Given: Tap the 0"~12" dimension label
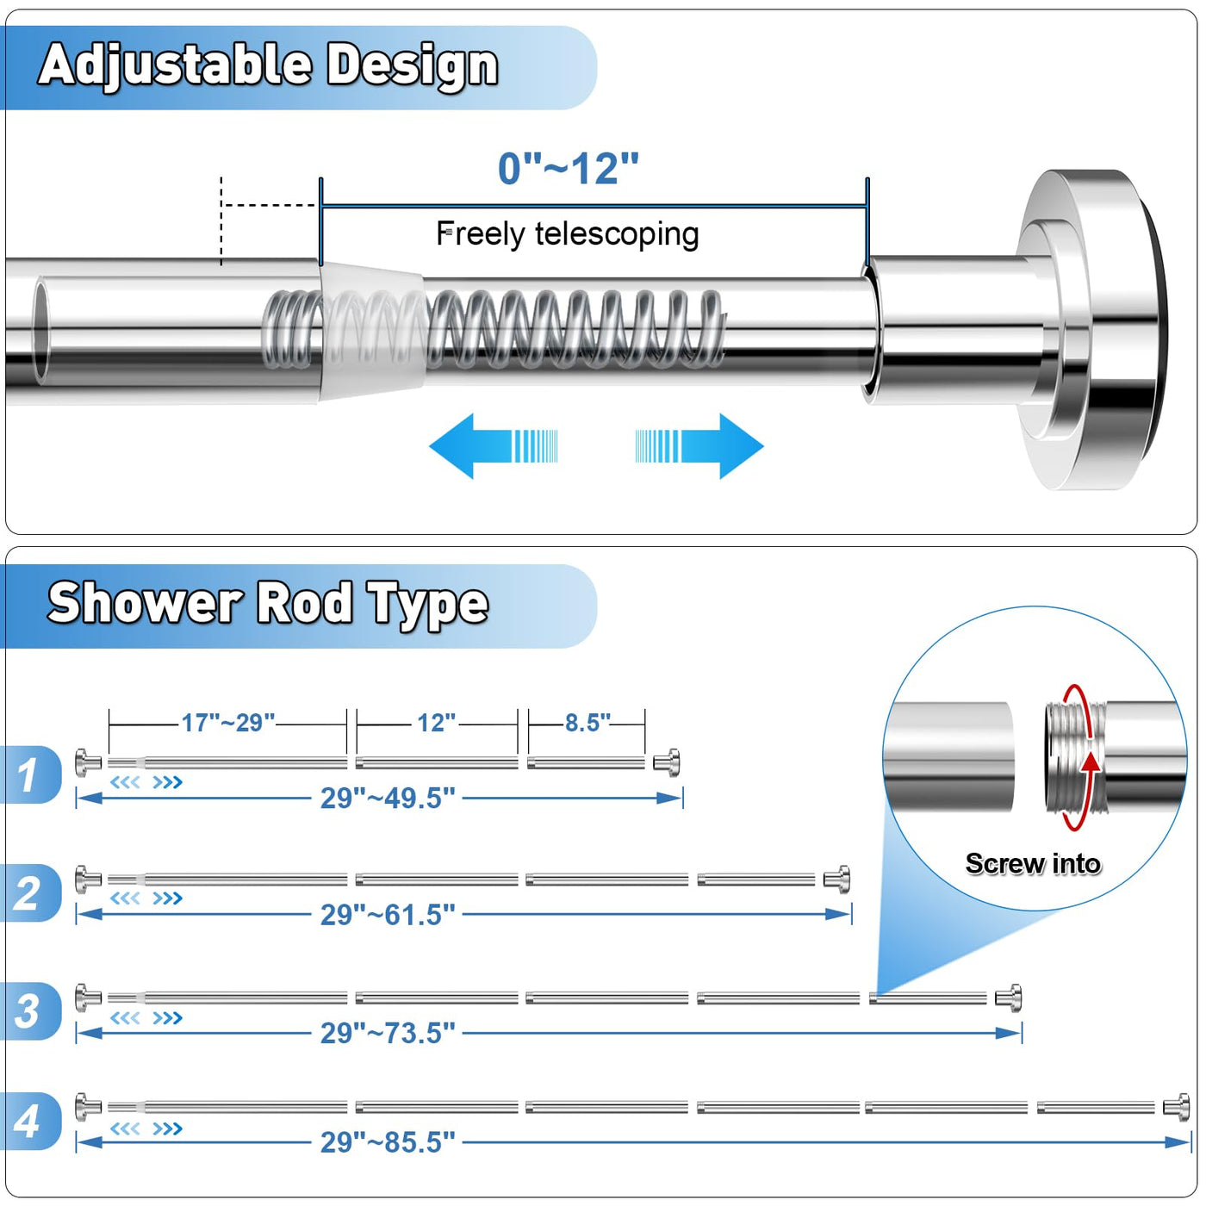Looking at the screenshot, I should pos(569,168).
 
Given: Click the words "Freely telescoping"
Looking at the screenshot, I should pos(567,234).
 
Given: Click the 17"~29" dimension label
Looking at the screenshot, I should pos(228,723).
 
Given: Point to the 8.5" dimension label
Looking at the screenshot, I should pos(587,723).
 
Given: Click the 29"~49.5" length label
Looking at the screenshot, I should pos(388,799).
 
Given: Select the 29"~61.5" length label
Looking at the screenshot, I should pos(388,915).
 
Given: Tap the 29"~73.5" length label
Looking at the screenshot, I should pos(388,1033).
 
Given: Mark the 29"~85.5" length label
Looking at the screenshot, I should pos(388,1142).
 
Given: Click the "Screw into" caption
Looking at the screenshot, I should pos(1033,863).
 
